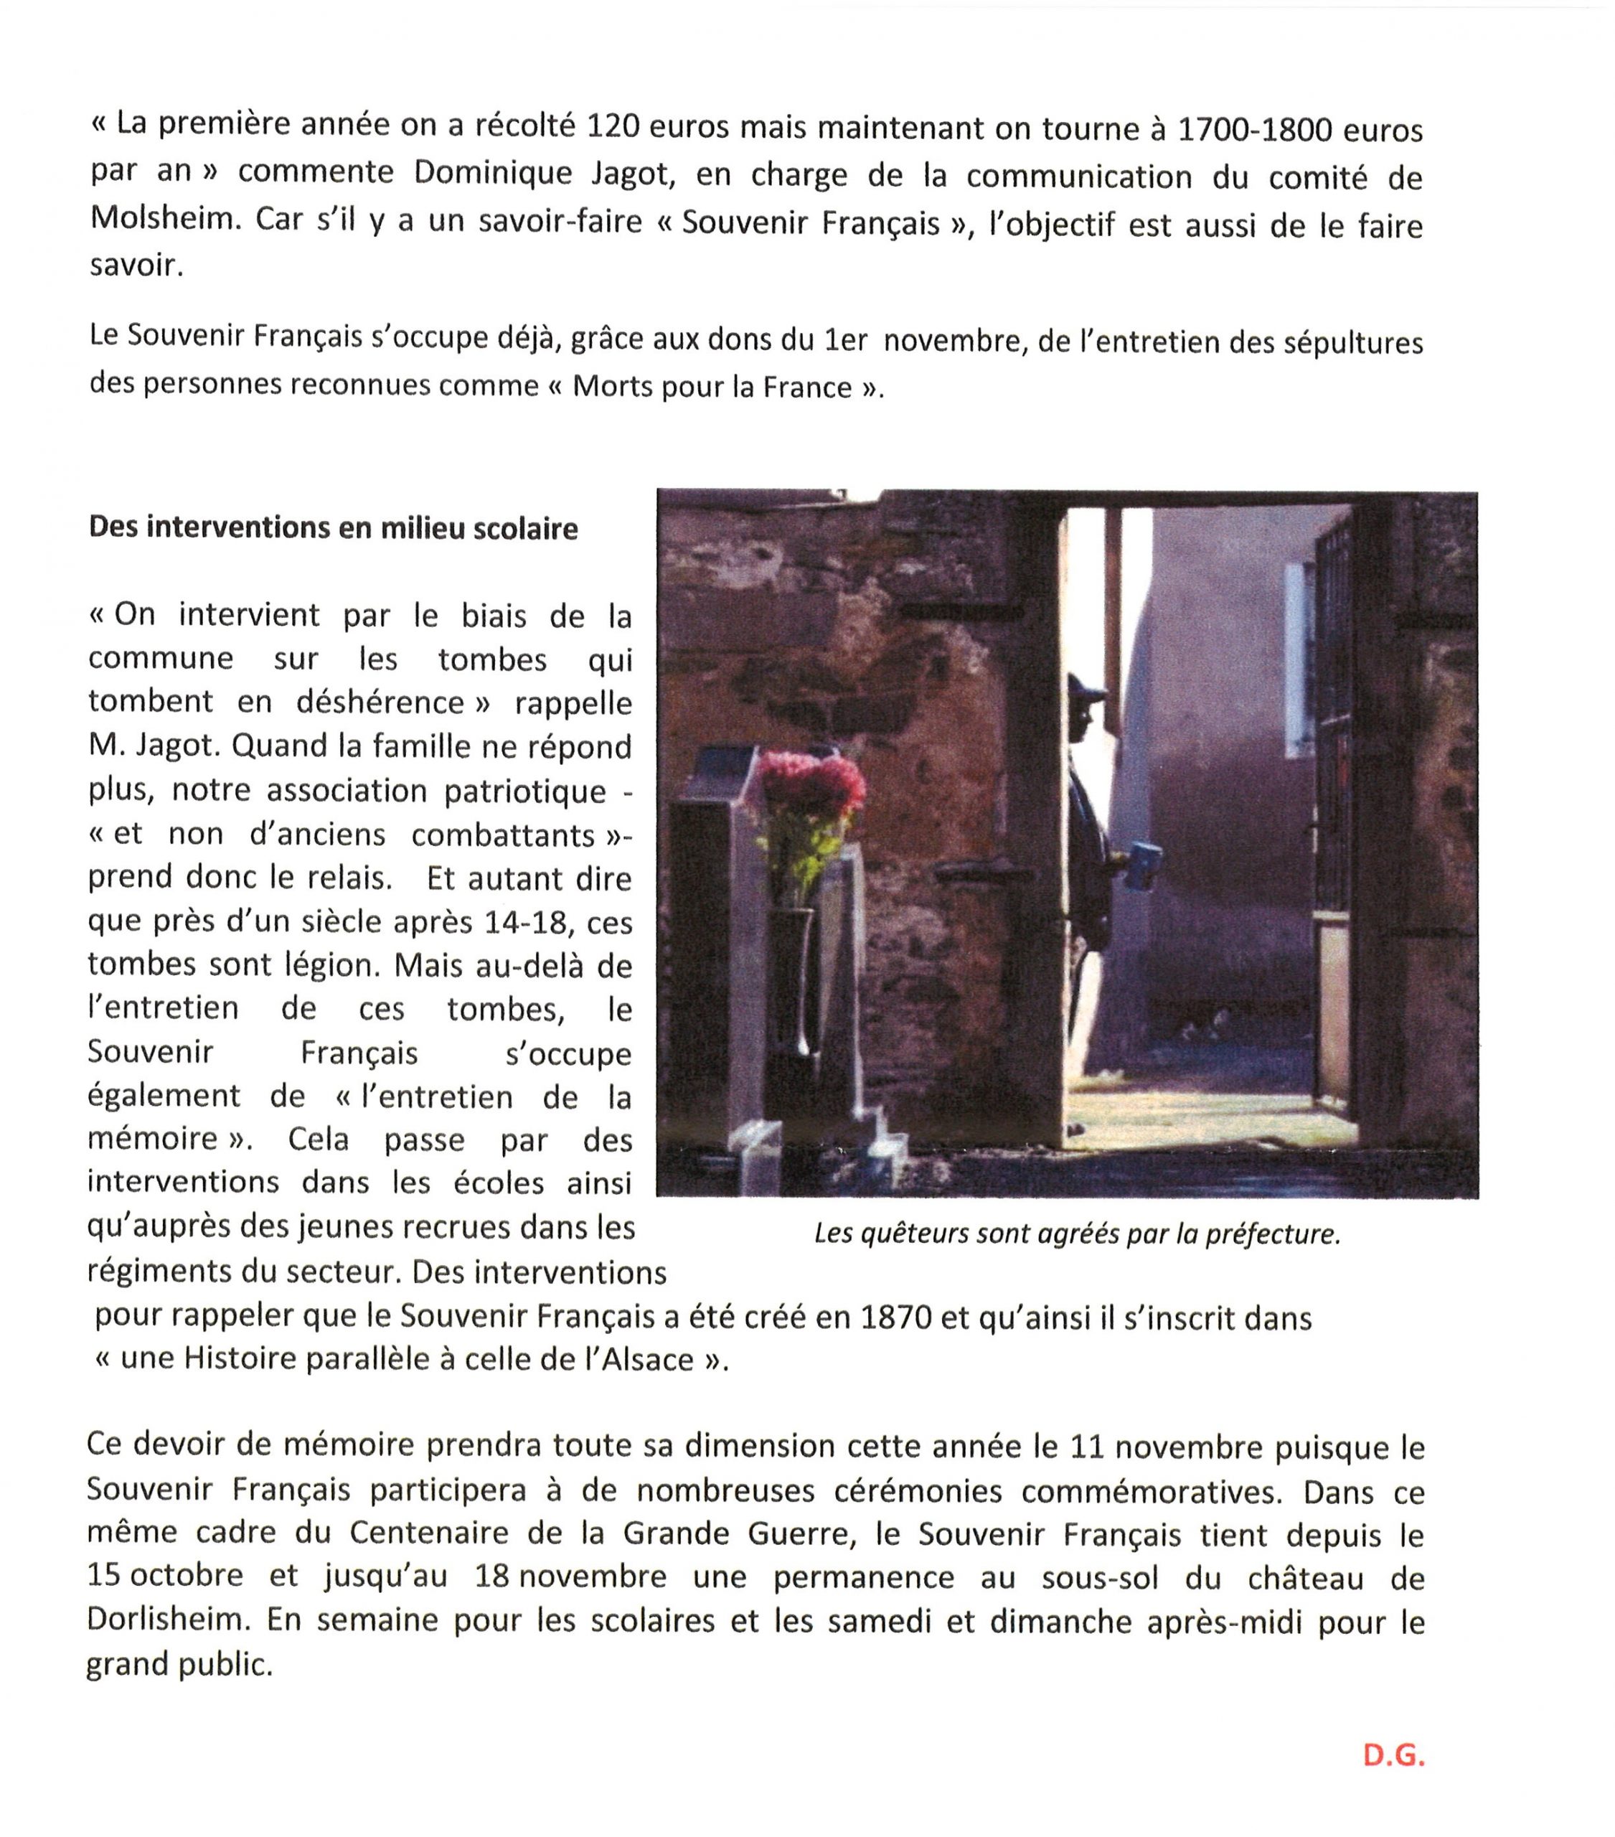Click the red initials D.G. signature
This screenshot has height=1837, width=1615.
click(x=1393, y=1755)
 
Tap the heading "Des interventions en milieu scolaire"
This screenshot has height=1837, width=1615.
click(x=332, y=527)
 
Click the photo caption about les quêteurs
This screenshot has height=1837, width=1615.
click(x=1077, y=1234)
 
